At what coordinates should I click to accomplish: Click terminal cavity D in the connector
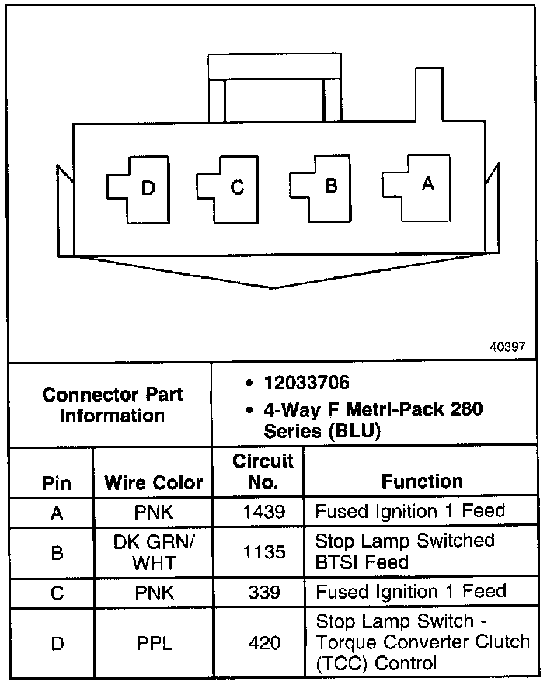[x=140, y=188]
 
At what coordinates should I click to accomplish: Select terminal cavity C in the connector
[x=230, y=187]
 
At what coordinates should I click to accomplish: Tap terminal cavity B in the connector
[x=324, y=186]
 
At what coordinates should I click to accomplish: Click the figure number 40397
[x=507, y=347]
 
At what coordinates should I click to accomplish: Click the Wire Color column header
[x=153, y=482]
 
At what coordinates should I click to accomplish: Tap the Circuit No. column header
[x=263, y=471]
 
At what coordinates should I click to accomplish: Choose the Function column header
[x=422, y=482]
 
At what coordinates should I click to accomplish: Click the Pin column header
[x=57, y=482]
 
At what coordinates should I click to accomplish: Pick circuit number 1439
[x=263, y=511]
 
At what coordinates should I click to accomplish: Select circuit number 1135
[x=263, y=551]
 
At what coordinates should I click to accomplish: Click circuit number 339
[x=263, y=592]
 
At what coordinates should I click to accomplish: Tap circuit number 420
[x=263, y=643]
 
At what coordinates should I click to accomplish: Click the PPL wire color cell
[x=153, y=643]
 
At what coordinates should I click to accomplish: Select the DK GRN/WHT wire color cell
[x=153, y=551]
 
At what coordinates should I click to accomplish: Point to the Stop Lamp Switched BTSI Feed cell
[x=405, y=551]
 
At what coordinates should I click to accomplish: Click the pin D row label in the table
[x=56, y=643]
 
